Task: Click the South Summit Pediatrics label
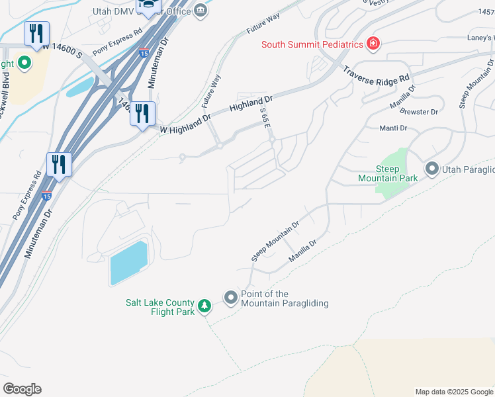point(312,45)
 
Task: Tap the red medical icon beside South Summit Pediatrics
point(373,44)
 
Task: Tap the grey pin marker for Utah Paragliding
point(432,169)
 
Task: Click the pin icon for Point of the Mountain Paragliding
point(231,298)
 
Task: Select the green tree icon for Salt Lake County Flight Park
point(205,306)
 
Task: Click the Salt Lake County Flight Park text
point(160,307)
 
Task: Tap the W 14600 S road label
point(62,48)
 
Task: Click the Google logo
point(22,389)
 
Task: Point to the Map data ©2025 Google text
point(453,392)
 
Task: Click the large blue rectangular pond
point(128,263)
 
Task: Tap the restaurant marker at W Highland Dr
point(142,114)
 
